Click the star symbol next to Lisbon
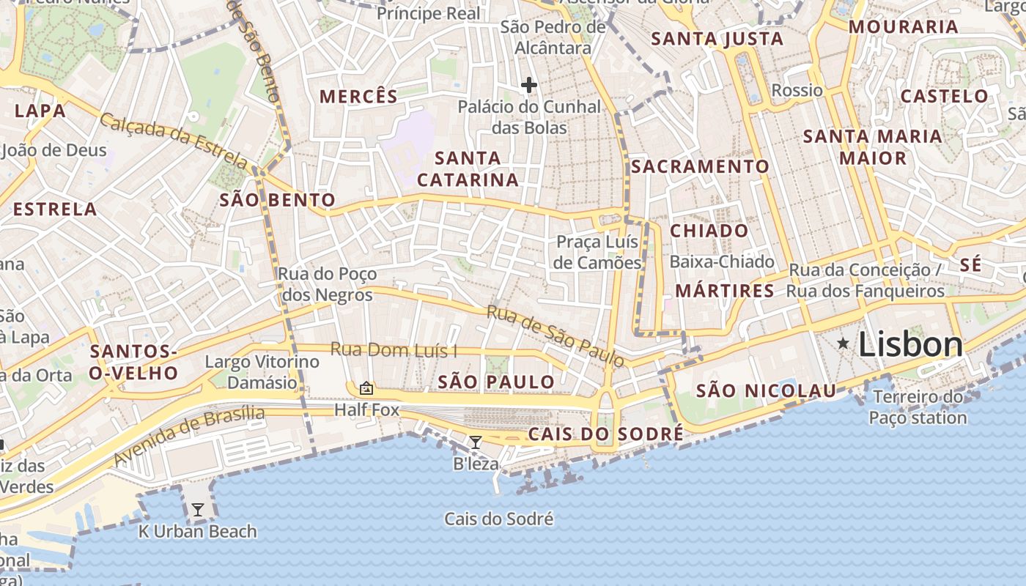[x=844, y=343]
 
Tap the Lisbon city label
[x=909, y=344]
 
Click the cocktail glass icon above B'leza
[x=475, y=442]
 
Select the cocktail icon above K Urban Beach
[x=197, y=509]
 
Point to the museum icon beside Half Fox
[x=366, y=387]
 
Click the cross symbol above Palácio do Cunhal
[x=528, y=85]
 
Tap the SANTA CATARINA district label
[x=468, y=168]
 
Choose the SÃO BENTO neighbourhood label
[x=277, y=200]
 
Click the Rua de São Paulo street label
[x=556, y=335]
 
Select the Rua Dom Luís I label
[x=393, y=349]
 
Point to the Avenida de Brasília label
[x=189, y=436]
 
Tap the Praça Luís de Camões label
[x=597, y=252]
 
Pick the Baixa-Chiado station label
[x=722, y=262]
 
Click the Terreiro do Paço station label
[x=918, y=407]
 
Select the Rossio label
[x=797, y=90]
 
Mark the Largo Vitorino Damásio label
[x=262, y=372]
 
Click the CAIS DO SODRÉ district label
[x=605, y=434]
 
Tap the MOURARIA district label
[x=903, y=27]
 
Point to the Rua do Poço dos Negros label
[x=327, y=284]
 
